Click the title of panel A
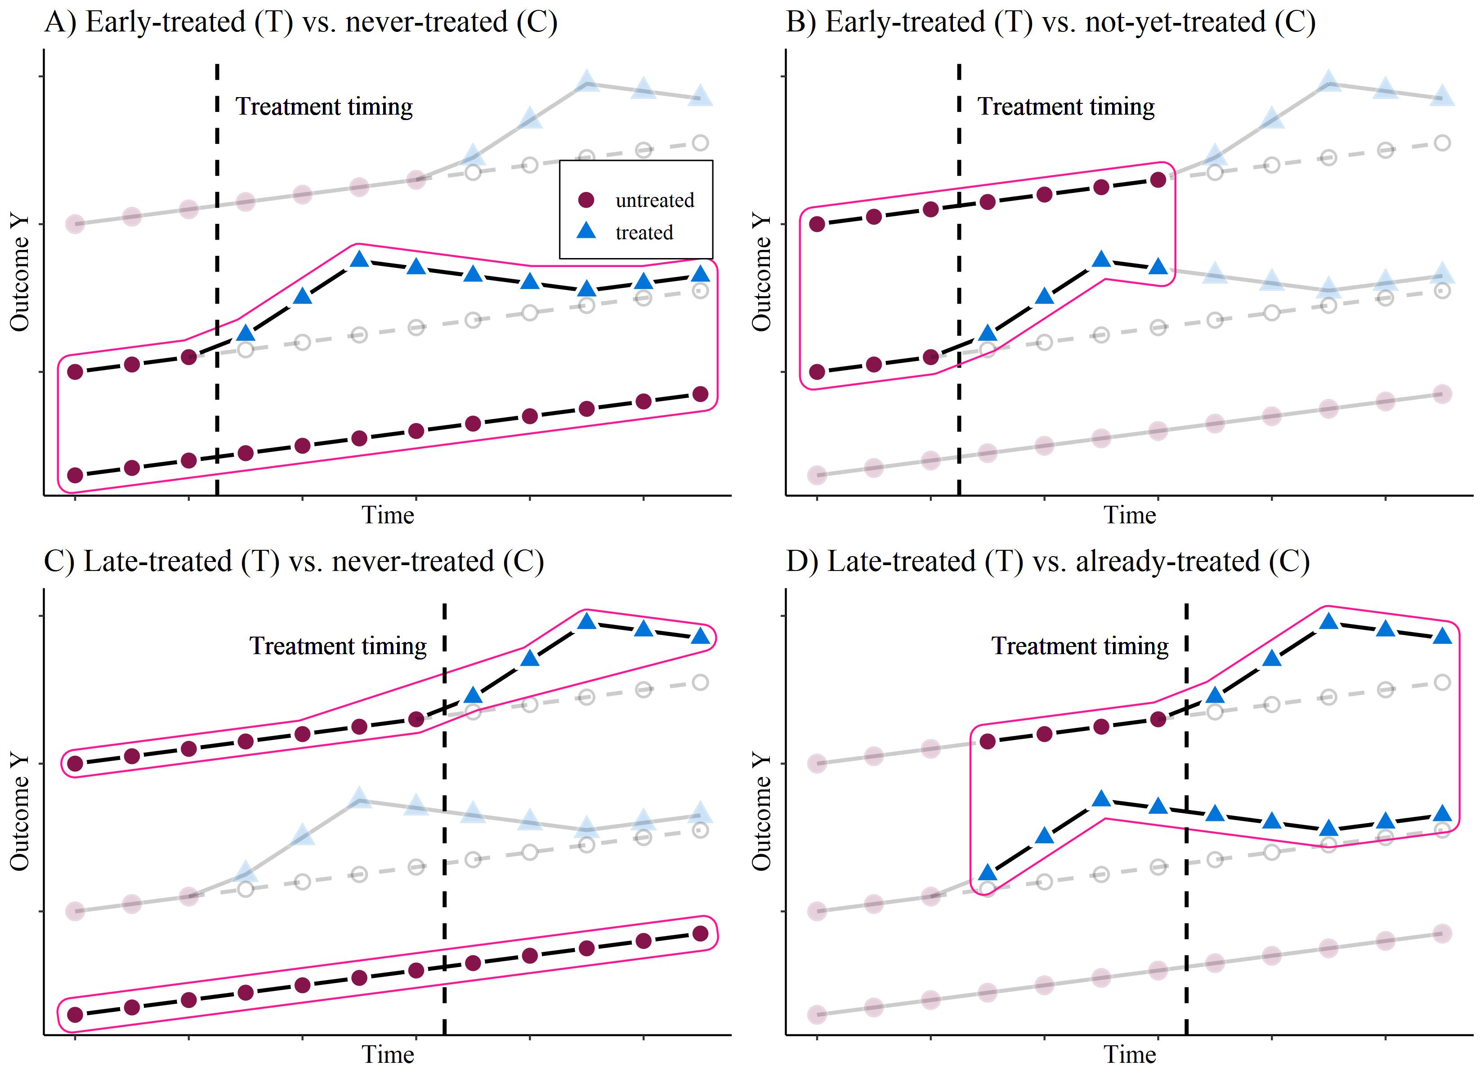tap(301, 22)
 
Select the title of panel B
tap(1050, 22)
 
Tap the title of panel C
tap(294, 562)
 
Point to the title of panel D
tap(1047, 562)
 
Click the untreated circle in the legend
tap(586, 200)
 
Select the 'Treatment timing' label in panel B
tap(1066, 107)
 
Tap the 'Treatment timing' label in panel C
tap(338, 646)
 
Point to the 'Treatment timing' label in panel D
tap(1080, 646)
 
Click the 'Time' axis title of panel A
tap(388, 516)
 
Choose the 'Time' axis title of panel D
tap(1130, 1055)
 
